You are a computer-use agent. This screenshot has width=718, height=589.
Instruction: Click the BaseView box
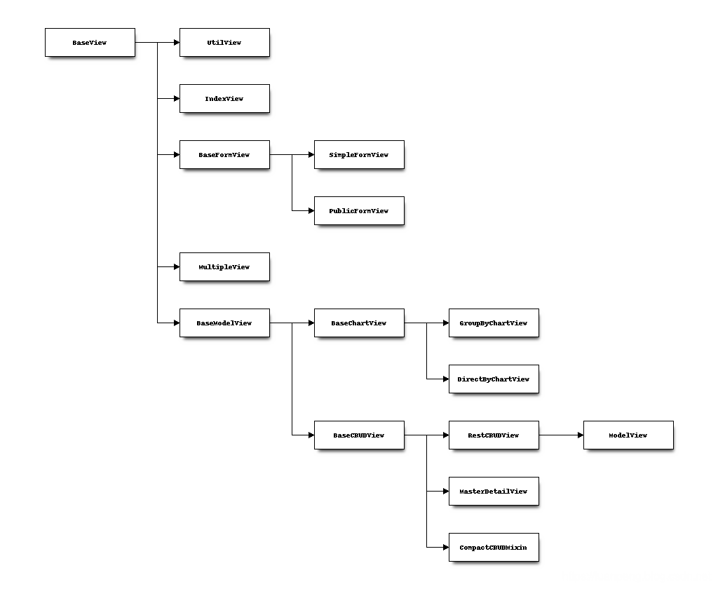coord(90,43)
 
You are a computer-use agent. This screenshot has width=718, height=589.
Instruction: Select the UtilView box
coord(224,43)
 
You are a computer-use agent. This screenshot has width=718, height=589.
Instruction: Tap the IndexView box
coord(224,99)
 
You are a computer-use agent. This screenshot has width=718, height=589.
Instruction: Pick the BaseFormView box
coord(224,155)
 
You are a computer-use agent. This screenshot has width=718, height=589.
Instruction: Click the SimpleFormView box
coord(359,155)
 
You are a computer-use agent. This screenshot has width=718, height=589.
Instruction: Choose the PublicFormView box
coord(359,211)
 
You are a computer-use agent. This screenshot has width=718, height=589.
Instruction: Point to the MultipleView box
coord(224,267)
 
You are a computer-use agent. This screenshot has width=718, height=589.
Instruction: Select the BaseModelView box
coord(224,323)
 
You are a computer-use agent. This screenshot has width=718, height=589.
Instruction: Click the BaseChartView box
coord(359,323)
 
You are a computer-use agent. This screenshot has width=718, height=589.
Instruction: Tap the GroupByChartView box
coord(494,323)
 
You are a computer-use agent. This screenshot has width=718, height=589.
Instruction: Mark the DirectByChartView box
coord(494,379)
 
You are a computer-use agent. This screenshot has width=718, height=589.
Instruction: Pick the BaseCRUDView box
coord(359,435)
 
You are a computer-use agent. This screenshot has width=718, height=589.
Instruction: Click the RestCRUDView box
coord(494,435)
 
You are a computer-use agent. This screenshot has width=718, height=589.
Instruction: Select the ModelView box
coord(628,435)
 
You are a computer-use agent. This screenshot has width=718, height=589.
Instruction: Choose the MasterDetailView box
coord(494,492)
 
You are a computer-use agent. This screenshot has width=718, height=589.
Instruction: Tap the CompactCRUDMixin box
coord(494,548)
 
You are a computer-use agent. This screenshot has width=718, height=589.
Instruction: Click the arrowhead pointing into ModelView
coord(580,435)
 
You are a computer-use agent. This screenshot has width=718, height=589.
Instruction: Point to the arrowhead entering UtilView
coord(176,43)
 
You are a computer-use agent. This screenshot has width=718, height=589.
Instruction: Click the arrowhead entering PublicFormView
coord(311,211)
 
